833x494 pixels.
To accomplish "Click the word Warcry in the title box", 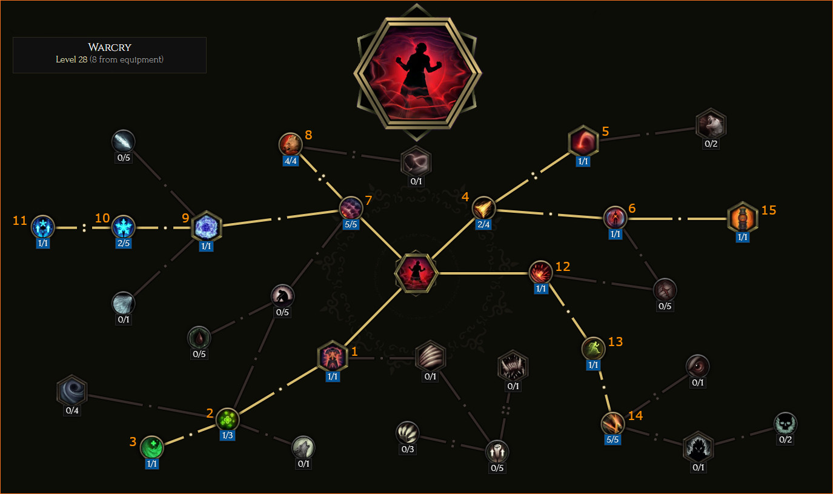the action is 110,47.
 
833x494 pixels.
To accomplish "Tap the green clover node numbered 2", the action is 227,419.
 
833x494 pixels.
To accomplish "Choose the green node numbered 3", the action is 151,447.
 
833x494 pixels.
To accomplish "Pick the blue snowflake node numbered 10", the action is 124,227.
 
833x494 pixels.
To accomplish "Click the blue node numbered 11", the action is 43,227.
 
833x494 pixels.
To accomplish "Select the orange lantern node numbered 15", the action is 742,217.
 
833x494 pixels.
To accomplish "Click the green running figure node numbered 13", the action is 593,349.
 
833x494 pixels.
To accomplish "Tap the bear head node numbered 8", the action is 290,144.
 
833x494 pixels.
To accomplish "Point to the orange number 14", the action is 636,416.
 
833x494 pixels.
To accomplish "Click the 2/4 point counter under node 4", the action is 483,224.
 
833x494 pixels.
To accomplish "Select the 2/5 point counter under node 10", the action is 124,243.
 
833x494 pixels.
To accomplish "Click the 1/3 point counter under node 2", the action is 227,435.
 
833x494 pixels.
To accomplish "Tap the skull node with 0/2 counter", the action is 785,424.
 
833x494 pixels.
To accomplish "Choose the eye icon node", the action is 698,366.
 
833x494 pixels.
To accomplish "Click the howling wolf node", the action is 304,447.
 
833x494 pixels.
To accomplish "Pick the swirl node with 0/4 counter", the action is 72,390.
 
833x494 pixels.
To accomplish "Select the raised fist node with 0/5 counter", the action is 497,452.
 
